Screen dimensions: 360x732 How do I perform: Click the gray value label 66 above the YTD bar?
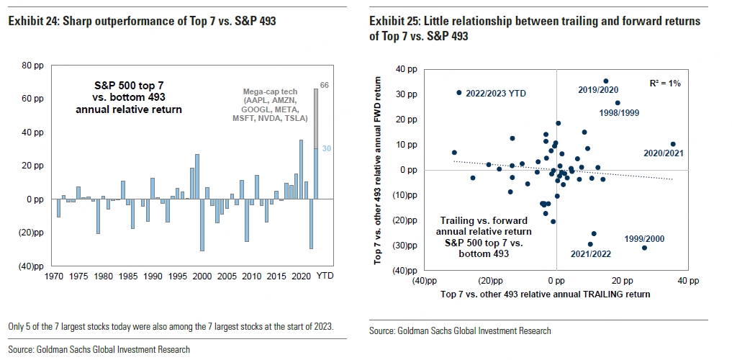324,85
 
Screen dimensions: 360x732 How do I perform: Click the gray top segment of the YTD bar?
315,119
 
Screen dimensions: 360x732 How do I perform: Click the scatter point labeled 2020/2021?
673,144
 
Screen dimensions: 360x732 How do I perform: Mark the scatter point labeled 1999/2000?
644,248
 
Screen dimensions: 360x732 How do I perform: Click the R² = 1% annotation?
664,84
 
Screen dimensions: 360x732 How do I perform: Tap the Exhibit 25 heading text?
534,28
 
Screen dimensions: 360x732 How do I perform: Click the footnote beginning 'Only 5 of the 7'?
171,327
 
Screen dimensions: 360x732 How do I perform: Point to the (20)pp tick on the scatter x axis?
489,280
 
